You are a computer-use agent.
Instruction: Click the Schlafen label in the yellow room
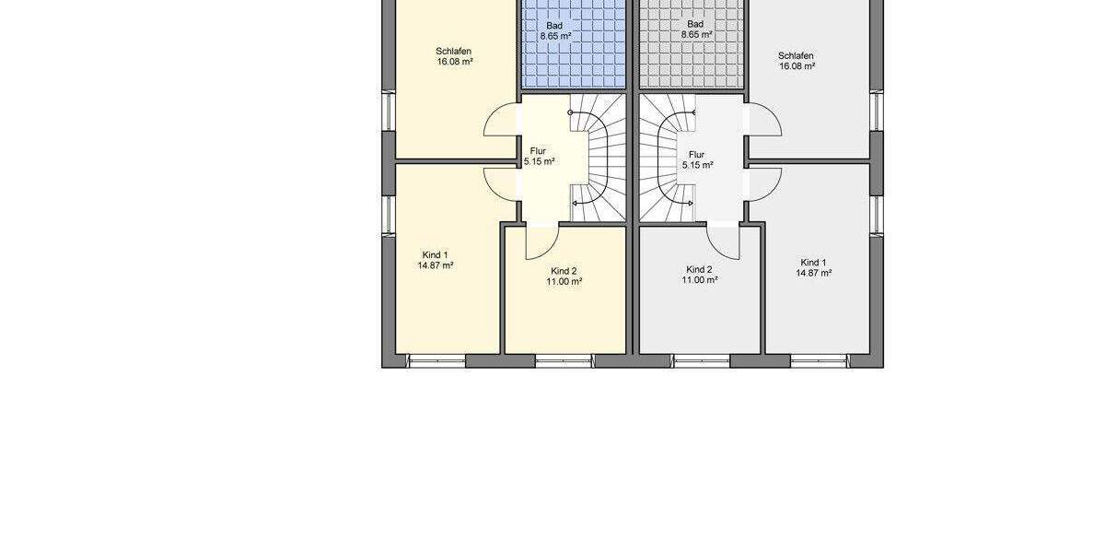[x=454, y=52]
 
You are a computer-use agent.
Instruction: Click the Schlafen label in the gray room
[x=796, y=55]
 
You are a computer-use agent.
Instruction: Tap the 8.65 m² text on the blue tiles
[x=556, y=35]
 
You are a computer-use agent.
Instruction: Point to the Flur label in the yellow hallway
[x=538, y=150]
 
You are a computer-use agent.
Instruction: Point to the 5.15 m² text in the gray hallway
[x=697, y=165]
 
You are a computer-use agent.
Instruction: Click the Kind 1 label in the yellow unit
[x=435, y=254]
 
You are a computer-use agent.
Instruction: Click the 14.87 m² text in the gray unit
[x=814, y=273]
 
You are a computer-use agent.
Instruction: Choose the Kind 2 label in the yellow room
[x=564, y=271]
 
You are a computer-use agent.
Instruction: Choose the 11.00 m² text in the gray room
[x=700, y=280]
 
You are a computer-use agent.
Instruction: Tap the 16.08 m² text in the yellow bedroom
[x=455, y=62]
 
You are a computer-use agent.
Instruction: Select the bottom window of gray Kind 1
[x=815, y=360]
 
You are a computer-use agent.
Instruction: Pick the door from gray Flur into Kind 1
[x=764, y=184]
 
